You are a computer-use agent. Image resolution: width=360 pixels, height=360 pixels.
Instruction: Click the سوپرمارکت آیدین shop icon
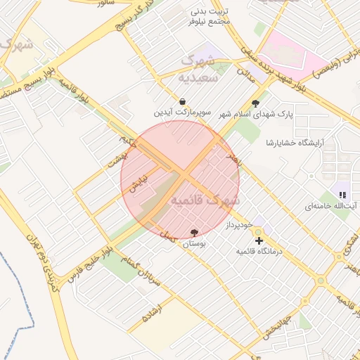[x=183, y=101]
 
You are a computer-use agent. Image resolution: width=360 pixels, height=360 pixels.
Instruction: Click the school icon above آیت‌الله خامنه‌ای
[x=342, y=195]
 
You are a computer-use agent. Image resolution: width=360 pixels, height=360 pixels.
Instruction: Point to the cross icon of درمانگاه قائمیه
[x=259, y=240]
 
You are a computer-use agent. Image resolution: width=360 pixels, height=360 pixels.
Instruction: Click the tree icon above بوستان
[x=194, y=233]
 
